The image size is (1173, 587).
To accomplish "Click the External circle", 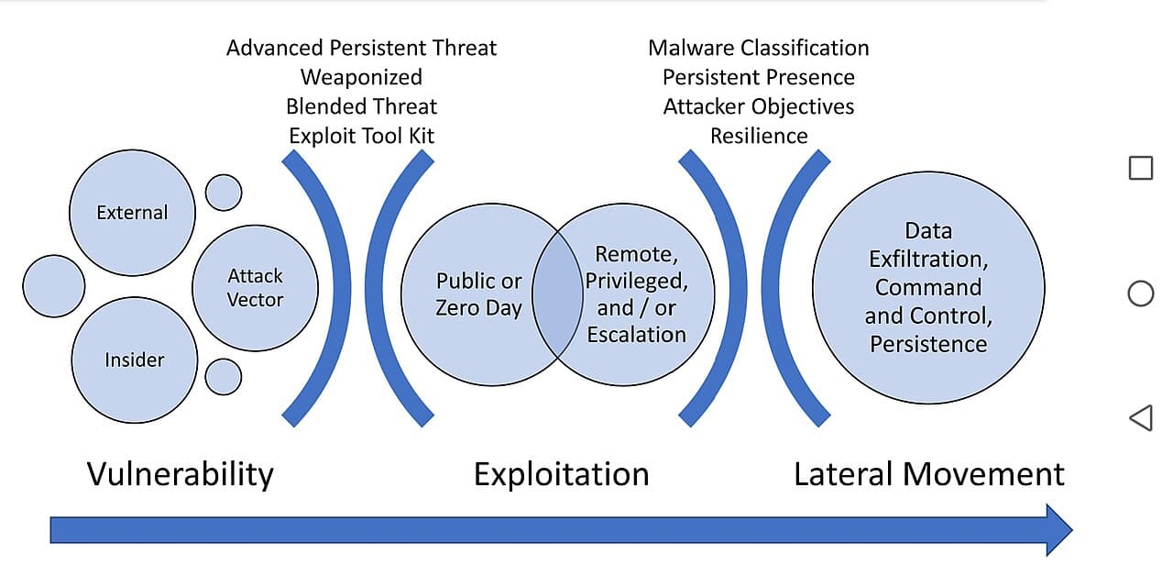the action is click(x=133, y=213).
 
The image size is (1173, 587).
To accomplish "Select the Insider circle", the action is click(x=135, y=360).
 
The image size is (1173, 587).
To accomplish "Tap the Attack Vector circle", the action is click(x=255, y=288).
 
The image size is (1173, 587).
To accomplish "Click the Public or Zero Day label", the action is click(x=478, y=294).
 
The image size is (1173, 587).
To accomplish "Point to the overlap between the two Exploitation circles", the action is click(x=558, y=294).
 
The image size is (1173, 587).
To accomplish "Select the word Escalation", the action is click(x=636, y=335).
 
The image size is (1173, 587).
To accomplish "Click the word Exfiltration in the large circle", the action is click(x=928, y=260).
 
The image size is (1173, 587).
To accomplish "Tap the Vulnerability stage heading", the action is click(x=181, y=475).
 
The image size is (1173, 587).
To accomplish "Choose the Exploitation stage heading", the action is click(x=562, y=475).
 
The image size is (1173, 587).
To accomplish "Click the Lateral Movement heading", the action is click(x=929, y=475).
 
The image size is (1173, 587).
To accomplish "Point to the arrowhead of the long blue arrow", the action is click(x=1071, y=530).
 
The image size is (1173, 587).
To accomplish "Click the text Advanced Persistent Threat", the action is click(x=361, y=49).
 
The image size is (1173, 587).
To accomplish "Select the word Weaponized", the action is click(x=361, y=78).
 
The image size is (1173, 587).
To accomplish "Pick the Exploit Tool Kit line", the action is click(x=361, y=137).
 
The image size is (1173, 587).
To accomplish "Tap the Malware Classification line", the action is click(x=759, y=49).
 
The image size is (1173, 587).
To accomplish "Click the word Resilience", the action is click(x=759, y=137).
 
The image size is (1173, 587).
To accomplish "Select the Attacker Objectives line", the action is click(x=759, y=107).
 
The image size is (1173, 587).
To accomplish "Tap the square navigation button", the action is click(x=1141, y=168).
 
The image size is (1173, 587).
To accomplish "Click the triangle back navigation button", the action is click(x=1141, y=417).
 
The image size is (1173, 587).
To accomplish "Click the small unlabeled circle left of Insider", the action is click(x=54, y=286).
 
